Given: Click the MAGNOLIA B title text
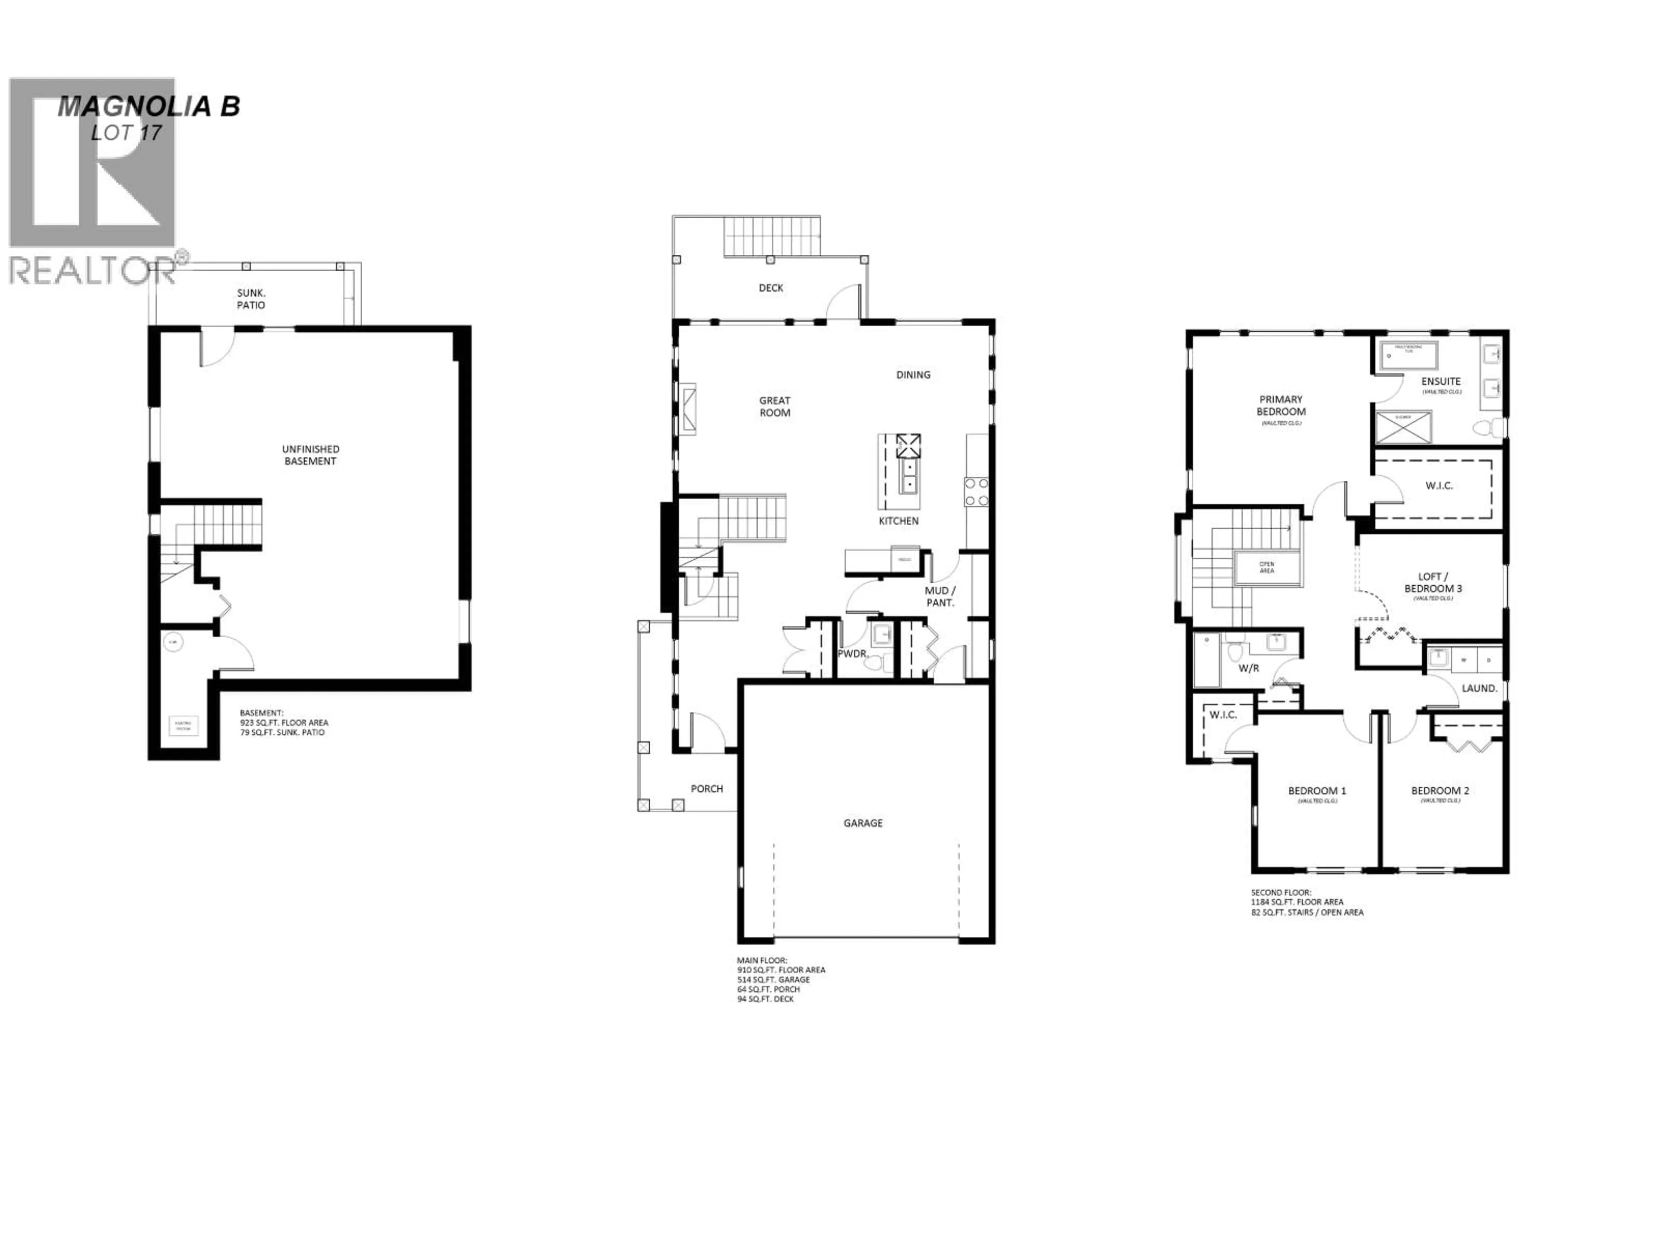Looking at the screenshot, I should point(149,107).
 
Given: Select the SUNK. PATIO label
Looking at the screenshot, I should point(251,299).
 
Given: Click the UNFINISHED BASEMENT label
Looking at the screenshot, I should point(310,455).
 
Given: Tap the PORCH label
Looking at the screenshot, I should point(707,789).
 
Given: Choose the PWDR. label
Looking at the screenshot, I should point(853,654).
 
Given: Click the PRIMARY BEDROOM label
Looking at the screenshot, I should point(1281,406).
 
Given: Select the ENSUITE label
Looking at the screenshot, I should point(1441,382).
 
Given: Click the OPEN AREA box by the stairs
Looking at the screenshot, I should point(1267,567).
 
